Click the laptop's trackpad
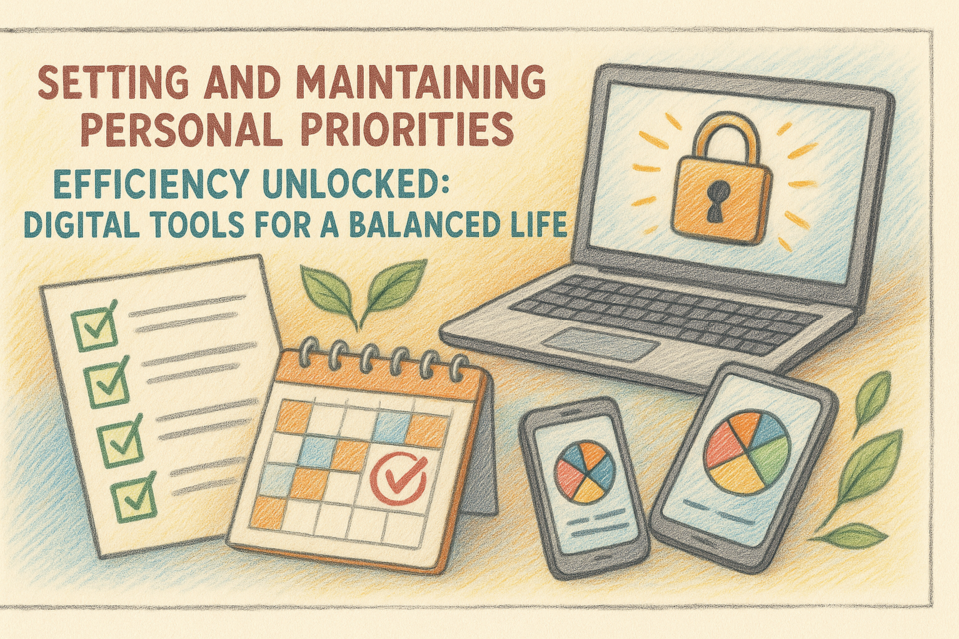600,344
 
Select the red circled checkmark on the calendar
399,478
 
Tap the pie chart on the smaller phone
584,472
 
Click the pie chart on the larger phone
747,452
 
